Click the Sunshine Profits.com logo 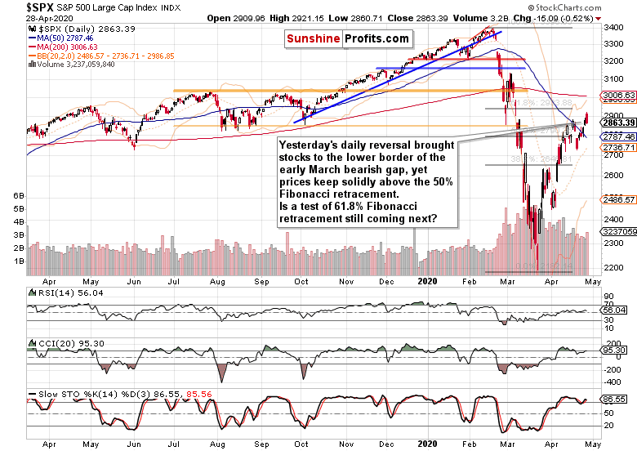(x=348, y=38)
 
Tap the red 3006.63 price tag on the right (x=617, y=96)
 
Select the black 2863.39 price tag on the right (x=617, y=122)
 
